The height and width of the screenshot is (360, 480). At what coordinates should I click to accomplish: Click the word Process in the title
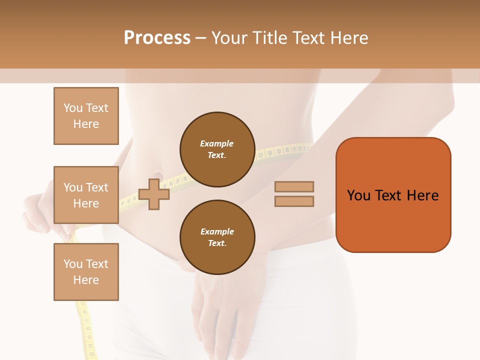(x=157, y=38)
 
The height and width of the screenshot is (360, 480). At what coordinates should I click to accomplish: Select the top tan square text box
(x=86, y=116)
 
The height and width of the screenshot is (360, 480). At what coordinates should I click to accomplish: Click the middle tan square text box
(x=86, y=195)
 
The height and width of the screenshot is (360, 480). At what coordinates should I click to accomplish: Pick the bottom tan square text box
(x=86, y=272)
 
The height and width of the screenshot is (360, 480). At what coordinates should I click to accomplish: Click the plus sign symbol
(x=154, y=194)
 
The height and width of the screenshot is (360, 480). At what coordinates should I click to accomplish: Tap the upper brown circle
(x=217, y=149)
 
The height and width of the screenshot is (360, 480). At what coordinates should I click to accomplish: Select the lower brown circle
(x=217, y=237)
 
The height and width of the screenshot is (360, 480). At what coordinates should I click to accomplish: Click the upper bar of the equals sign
(x=294, y=186)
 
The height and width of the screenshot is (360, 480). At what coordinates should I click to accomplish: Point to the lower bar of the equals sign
(x=294, y=201)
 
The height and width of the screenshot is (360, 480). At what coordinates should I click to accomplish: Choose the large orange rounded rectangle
(x=393, y=195)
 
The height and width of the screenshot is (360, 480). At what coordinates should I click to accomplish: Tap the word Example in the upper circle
(x=217, y=143)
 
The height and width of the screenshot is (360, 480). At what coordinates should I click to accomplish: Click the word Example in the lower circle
(x=217, y=231)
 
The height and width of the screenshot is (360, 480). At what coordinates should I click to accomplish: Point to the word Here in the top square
(x=86, y=124)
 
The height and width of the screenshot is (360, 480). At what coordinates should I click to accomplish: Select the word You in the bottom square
(x=73, y=264)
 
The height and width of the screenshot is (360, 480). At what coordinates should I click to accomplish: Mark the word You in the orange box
(x=358, y=195)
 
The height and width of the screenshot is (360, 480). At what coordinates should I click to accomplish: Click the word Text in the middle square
(x=97, y=187)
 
